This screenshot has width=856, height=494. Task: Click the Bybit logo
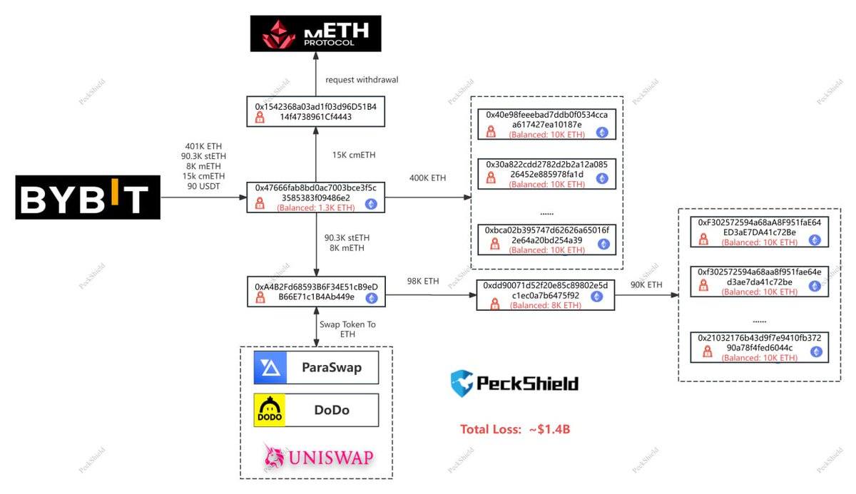[88, 199]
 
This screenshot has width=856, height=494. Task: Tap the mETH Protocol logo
[315, 33]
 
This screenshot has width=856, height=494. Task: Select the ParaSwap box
[316, 368]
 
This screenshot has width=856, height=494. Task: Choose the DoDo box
[316, 410]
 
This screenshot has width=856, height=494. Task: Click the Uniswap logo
[318, 456]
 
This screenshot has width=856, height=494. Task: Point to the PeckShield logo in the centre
[514, 383]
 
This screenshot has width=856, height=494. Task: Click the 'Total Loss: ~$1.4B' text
[515, 429]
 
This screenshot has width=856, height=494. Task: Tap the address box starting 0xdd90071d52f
[546, 295]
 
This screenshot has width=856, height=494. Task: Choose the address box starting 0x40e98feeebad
[546, 124]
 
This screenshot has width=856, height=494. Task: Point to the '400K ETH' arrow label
[428, 177]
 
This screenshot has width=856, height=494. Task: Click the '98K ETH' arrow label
[422, 282]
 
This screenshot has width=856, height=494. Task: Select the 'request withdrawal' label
[362, 80]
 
